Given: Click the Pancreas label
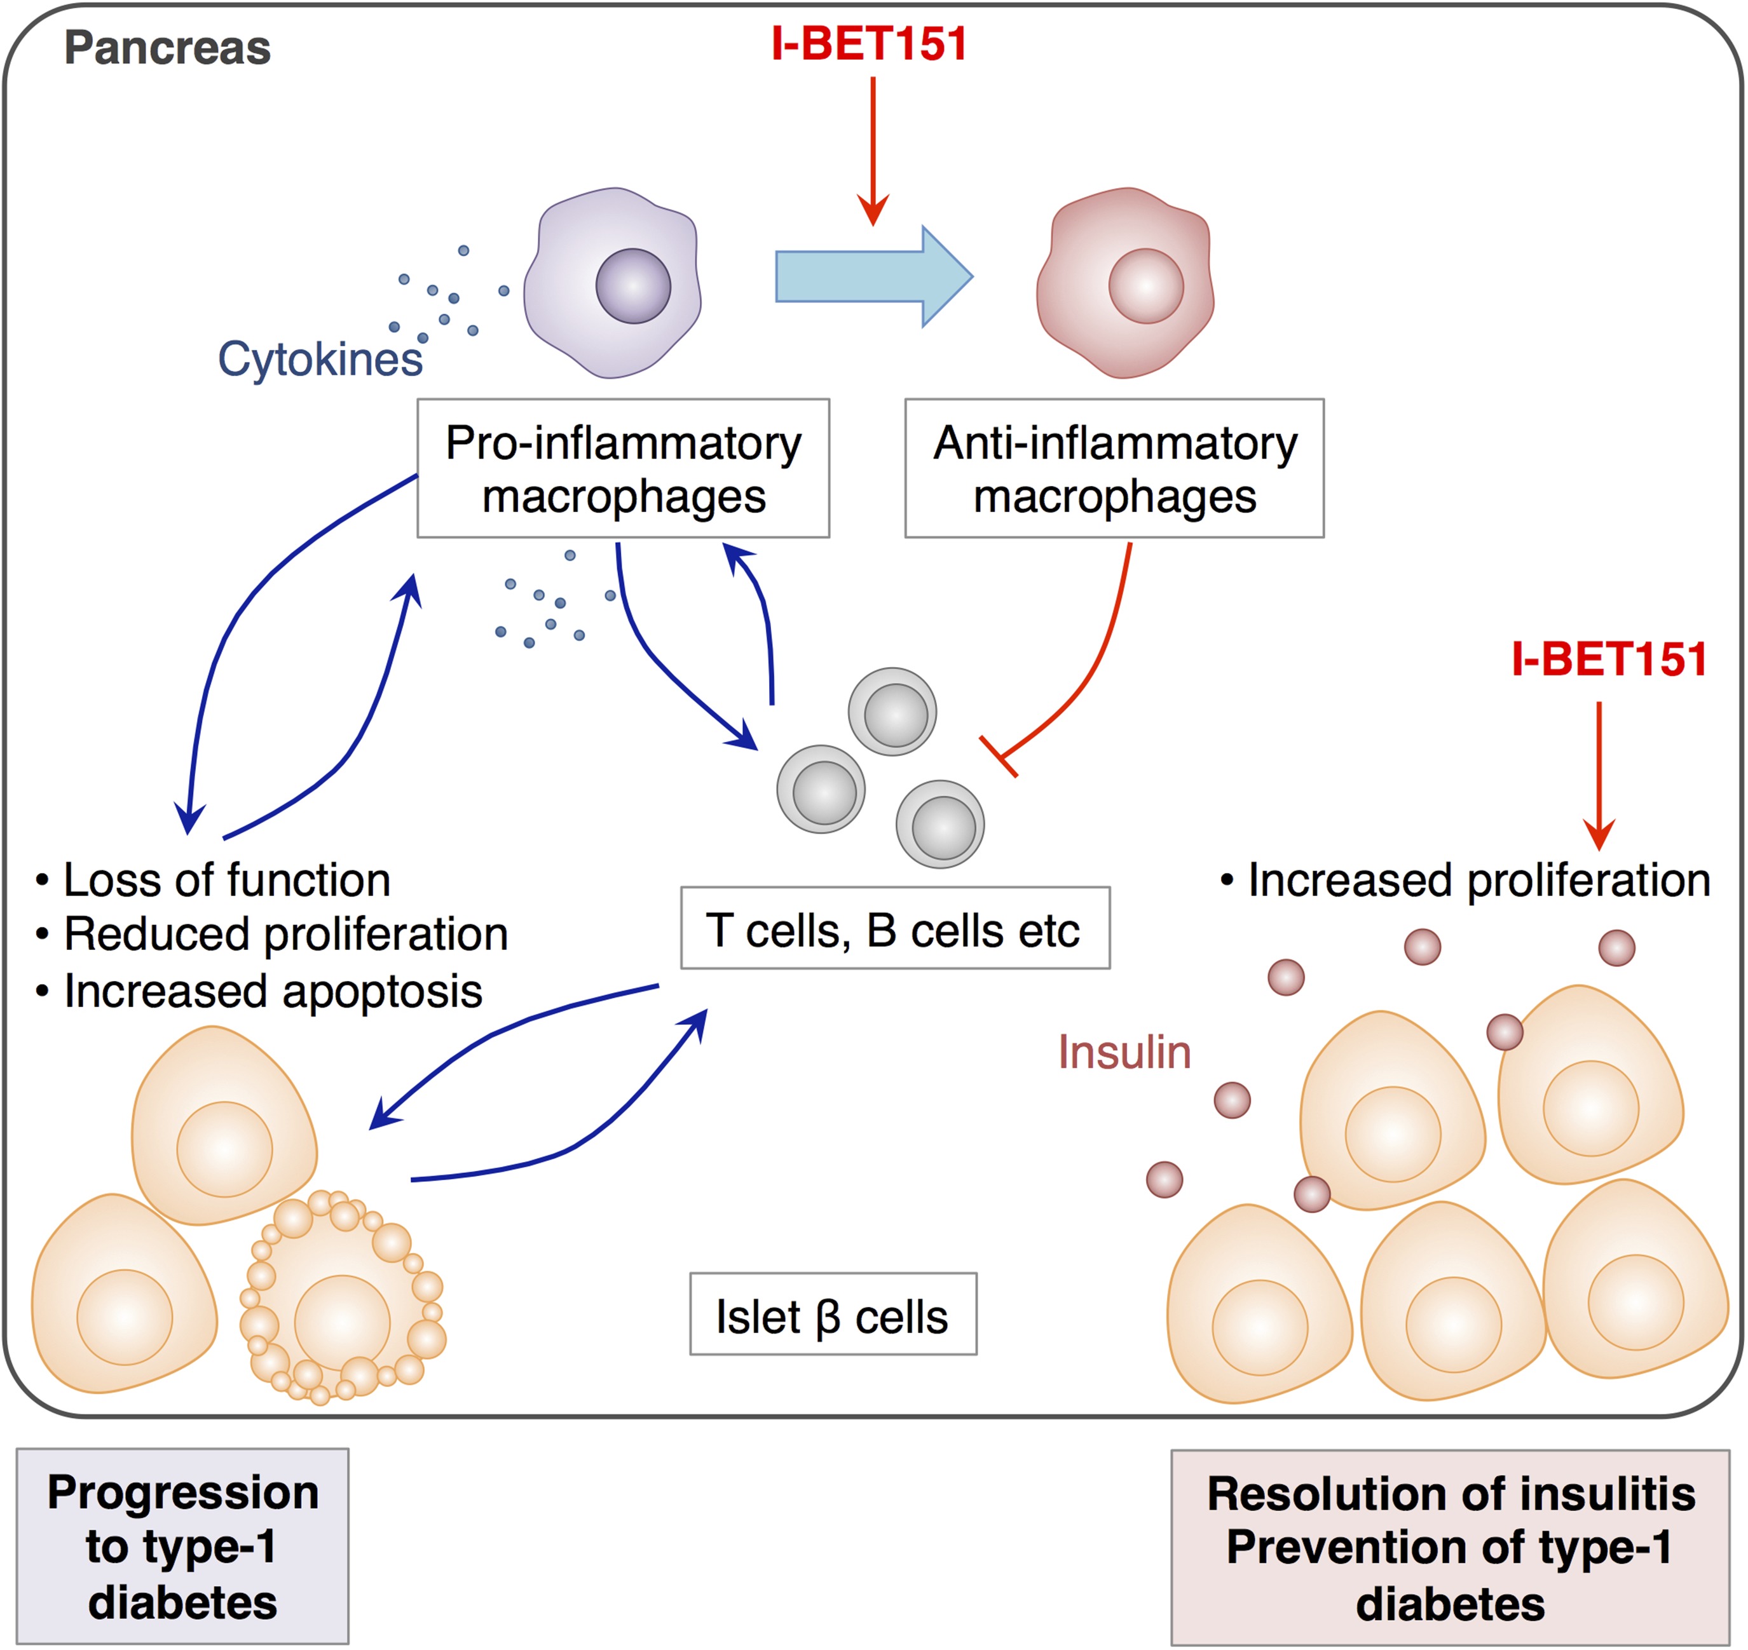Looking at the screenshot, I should click(x=167, y=48).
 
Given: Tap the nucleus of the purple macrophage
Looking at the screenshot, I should click(x=632, y=286).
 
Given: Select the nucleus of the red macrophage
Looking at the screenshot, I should click(x=1145, y=286).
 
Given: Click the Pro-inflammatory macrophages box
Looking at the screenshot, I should click(x=623, y=468).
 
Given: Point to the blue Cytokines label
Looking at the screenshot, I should click(x=320, y=359).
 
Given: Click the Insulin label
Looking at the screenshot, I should click(x=1124, y=1052).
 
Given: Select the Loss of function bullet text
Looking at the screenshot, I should click(x=226, y=881).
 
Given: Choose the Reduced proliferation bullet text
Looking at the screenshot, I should click(x=285, y=934).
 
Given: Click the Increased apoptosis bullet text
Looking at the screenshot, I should click(x=273, y=991).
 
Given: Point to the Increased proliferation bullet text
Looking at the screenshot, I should click(x=1478, y=881).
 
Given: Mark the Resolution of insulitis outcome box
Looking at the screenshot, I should click(x=1450, y=1548).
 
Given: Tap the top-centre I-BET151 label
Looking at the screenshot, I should click(x=869, y=44).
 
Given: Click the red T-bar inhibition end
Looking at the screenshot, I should click(x=999, y=757).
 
